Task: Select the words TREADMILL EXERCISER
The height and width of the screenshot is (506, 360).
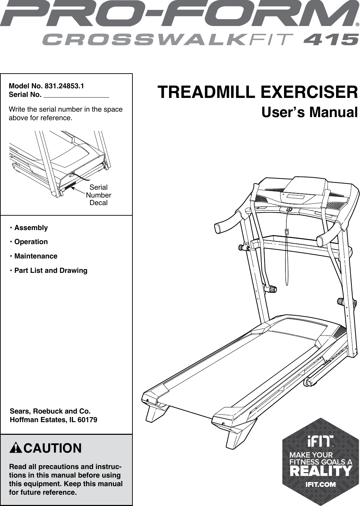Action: (257, 92)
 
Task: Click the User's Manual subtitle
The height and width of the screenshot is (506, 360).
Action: (309, 112)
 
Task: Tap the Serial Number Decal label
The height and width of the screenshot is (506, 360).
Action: (98, 195)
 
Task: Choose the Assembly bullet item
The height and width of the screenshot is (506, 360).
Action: (31, 228)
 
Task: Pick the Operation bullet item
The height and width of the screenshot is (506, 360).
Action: (31, 242)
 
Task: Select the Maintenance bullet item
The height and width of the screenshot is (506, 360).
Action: (36, 256)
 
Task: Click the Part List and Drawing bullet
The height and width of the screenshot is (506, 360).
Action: (51, 270)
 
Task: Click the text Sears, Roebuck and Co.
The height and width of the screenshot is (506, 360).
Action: (50, 411)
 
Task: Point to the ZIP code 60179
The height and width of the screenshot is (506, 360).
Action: (88, 420)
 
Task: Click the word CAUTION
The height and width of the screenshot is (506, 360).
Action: (52, 448)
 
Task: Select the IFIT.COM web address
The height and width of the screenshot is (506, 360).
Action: (320, 484)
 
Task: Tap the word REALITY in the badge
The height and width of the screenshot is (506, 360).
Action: (320, 471)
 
